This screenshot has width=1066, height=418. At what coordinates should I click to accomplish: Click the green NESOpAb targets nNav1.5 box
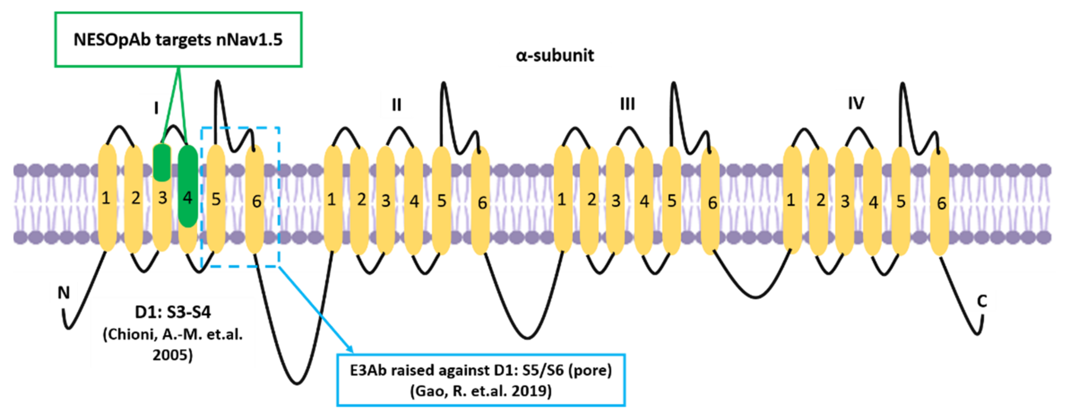click(178, 40)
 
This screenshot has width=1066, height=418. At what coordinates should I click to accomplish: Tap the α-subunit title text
click(555, 56)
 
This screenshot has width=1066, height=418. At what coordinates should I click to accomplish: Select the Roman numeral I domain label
click(156, 108)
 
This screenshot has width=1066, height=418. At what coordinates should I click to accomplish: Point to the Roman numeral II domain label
click(396, 105)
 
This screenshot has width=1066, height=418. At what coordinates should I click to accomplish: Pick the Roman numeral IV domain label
click(856, 103)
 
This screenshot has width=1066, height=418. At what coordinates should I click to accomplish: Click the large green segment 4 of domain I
click(188, 186)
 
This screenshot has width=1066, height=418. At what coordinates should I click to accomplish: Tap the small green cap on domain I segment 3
click(162, 162)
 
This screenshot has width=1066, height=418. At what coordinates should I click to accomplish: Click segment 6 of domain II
click(481, 202)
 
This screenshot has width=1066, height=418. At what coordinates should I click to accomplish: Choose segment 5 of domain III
click(672, 201)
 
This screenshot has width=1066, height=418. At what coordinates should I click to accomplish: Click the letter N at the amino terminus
click(63, 293)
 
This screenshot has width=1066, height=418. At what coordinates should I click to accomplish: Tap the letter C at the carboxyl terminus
click(982, 301)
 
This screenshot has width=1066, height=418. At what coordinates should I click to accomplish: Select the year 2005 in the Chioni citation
click(172, 355)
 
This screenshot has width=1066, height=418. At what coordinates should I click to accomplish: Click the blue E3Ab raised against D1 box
click(480, 380)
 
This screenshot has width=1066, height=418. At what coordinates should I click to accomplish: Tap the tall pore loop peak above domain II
click(444, 85)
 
